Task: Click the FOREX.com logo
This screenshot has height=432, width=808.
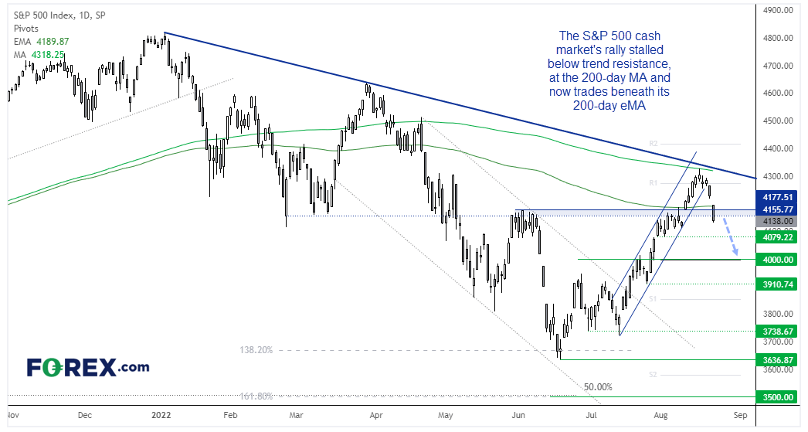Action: [88, 367]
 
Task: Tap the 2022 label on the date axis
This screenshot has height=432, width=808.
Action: [163, 414]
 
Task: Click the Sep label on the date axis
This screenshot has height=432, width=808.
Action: [740, 414]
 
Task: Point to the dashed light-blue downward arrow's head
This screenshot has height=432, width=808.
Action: [737, 252]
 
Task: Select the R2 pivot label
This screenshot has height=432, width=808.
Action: [653, 144]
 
